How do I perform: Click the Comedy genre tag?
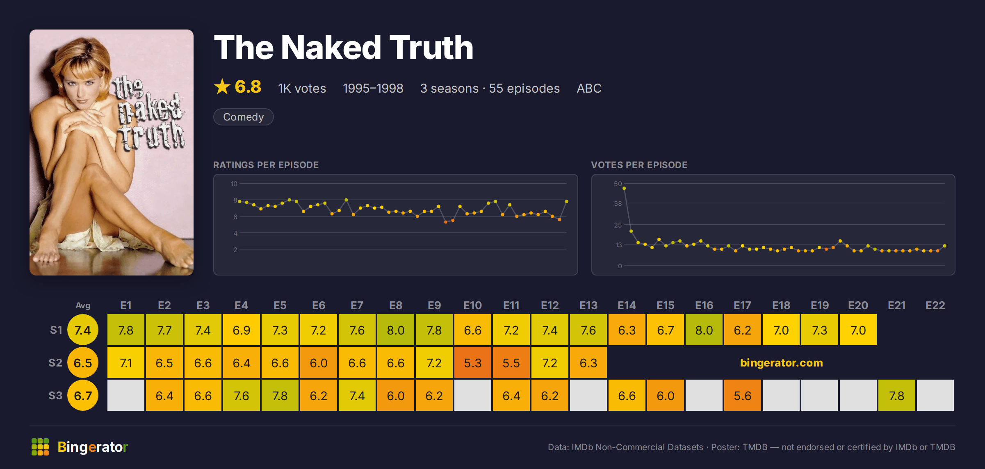(243, 117)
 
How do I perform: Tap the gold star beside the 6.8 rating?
(222, 87)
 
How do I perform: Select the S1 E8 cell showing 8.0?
(396, 330)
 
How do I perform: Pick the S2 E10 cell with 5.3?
(473, 362)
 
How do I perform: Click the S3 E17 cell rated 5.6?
(743, 395)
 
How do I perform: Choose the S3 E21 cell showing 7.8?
(897, 395)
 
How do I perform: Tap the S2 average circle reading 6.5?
(83, 362)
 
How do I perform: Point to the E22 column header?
(935, 305)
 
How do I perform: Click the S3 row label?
(55, 396)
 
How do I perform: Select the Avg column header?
(83, 305)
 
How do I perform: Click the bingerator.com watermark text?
(781, 363)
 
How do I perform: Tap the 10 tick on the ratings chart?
(234, 184)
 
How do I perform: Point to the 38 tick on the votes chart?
(618, 203)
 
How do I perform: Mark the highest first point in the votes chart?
(624, 188)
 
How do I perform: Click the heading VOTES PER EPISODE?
(639, 165)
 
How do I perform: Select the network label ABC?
(589, 88)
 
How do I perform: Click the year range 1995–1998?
(373, 88)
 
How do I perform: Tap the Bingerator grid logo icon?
(40, 447)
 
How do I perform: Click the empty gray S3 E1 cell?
(126, 395)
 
